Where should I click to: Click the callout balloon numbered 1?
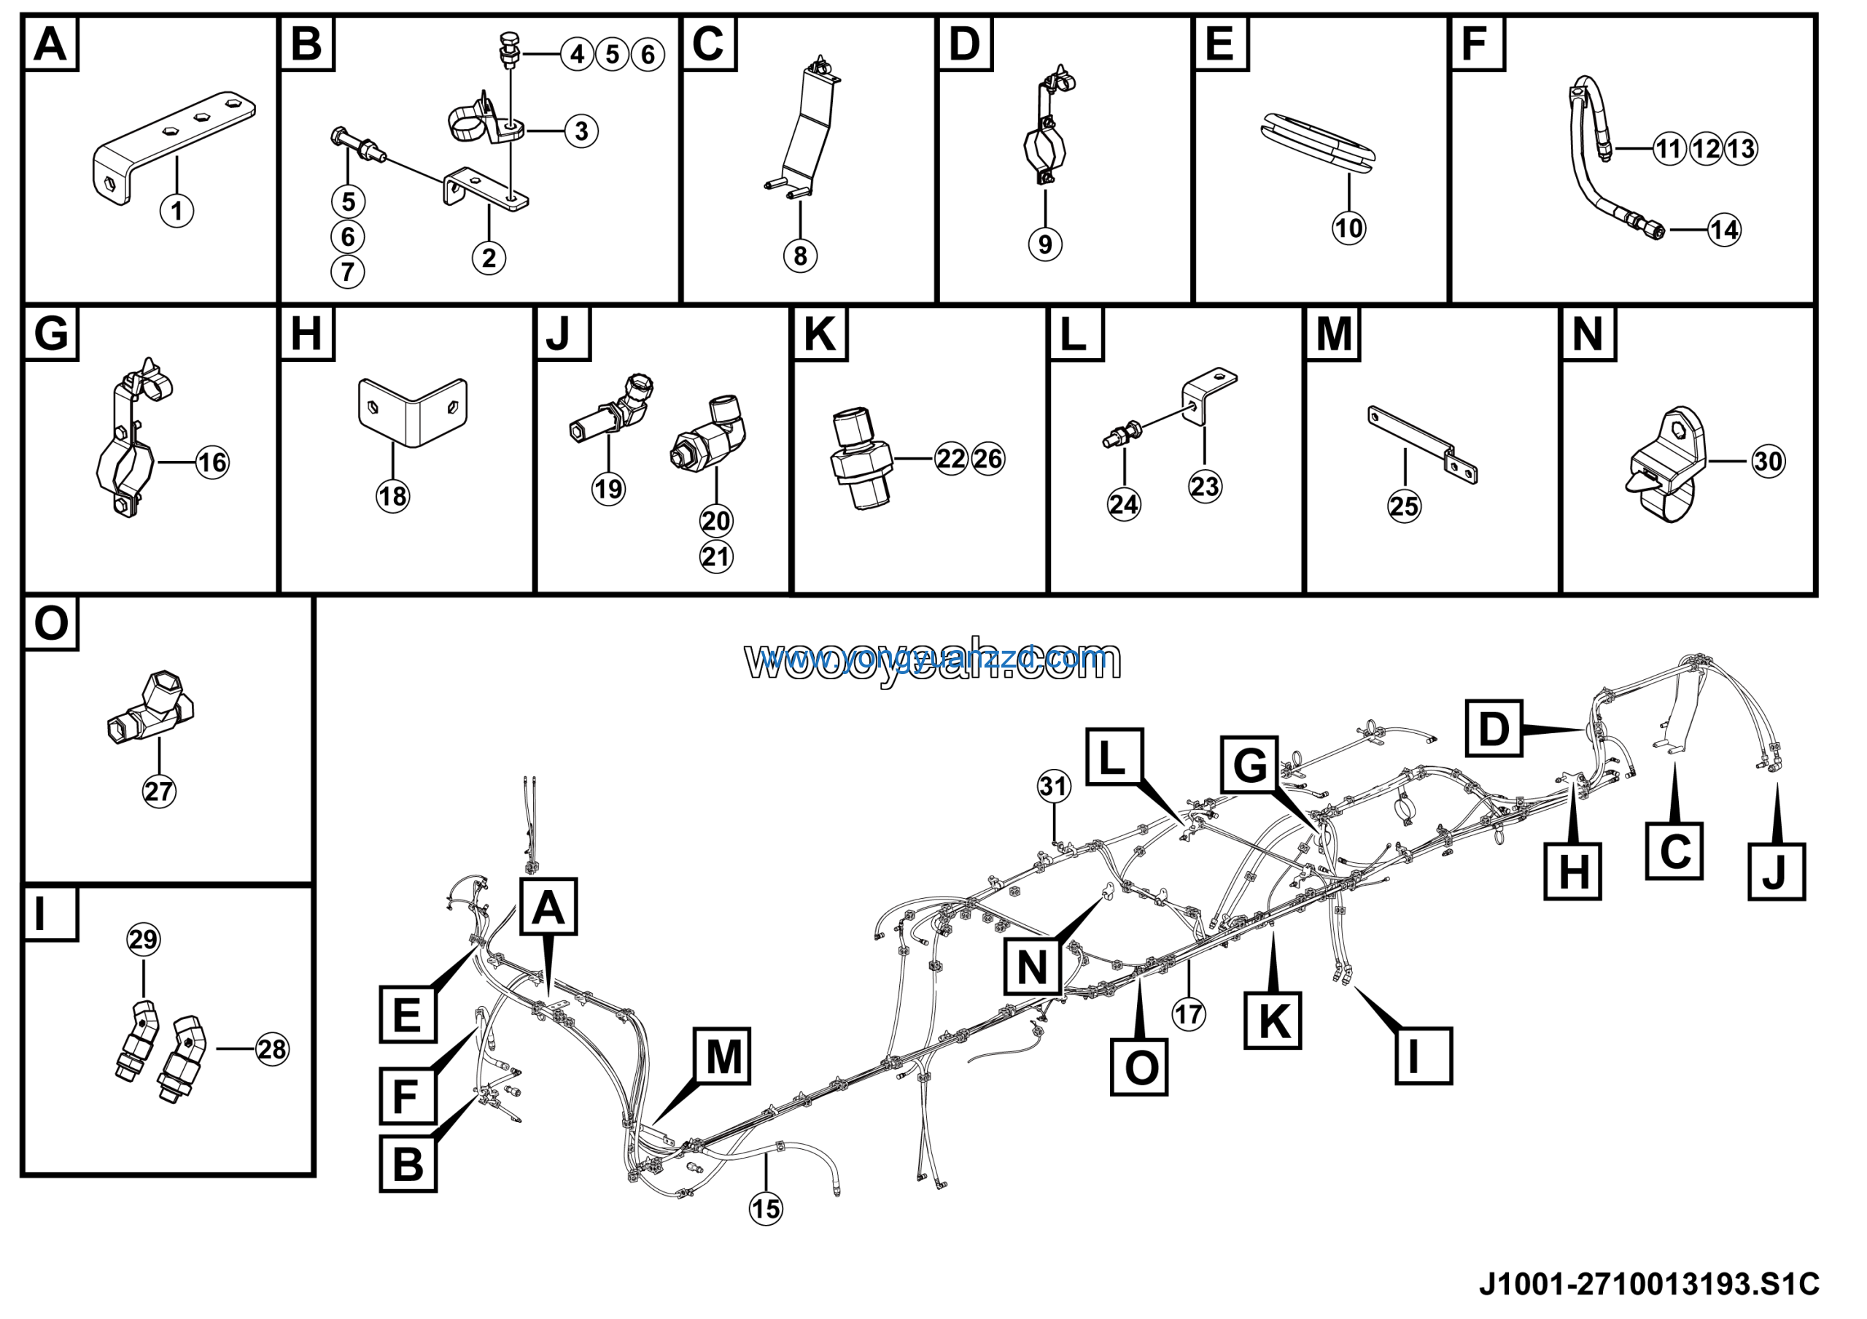(x=176, y=212)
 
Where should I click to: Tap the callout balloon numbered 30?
(x=1768, y=462)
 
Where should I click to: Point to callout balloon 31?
(x=1054, y=786)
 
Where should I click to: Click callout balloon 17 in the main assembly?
(x=1188, y=1014)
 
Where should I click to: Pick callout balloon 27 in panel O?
(x=158, y=792)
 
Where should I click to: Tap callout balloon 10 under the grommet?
(x=1349, y=228)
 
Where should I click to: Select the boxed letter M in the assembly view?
(x=723, y=1057)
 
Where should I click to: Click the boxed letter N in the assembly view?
(x=1033, y=967)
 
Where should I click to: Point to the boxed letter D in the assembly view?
(x=1494, y=729)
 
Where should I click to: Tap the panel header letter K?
(x=819, y=334)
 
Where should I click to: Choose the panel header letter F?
(x=1476, y=44)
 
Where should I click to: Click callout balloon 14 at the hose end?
(x=1725, y=230)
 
